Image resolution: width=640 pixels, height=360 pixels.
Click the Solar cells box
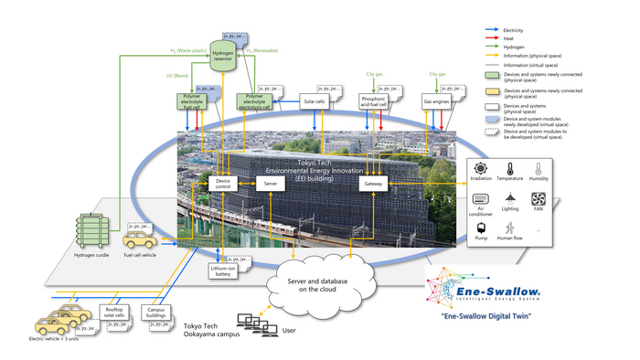click(314, 101)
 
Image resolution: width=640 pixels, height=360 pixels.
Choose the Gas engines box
click(436, 101)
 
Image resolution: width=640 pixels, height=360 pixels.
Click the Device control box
click(224, 184)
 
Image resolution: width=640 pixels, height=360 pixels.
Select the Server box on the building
click(270, 184)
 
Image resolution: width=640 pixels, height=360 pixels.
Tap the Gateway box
click(373, 184)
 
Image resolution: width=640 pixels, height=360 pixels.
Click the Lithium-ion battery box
click(224, 269)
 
